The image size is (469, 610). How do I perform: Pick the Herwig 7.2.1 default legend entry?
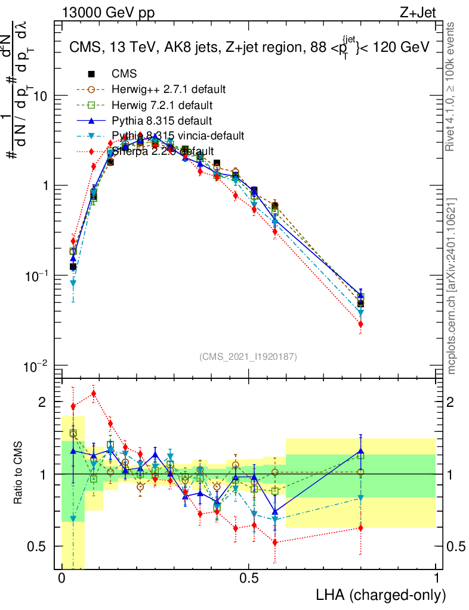pyautogui.click(x=163, y=105)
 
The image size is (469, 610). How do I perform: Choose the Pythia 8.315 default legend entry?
pyautogui.click(x=161, y=121)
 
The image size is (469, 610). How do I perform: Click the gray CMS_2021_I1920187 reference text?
pyautogui.click(x=248, y=356)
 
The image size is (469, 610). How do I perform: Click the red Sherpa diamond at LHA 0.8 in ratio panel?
pyautogui.click(x=361, y=528)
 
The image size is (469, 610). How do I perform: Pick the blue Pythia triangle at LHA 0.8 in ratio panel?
pyautogui.click(x=361, y=451)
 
